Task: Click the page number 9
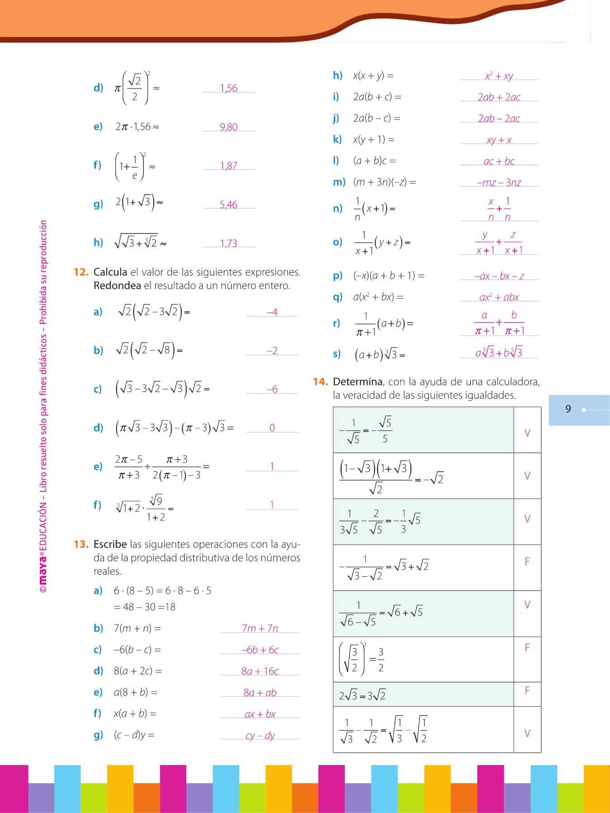568,409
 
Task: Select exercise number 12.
81,272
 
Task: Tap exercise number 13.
81,544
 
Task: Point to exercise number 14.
320,382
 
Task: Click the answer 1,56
229,88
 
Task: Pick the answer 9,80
229,127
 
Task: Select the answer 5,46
229,205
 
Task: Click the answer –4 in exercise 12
272,312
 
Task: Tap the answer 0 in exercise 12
272,428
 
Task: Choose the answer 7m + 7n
260,628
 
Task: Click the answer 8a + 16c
260,671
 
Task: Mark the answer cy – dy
260,736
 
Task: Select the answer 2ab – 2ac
499,118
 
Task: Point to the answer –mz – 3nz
499,182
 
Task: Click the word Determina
357,382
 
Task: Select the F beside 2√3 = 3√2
527,691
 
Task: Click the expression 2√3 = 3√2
362,696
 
